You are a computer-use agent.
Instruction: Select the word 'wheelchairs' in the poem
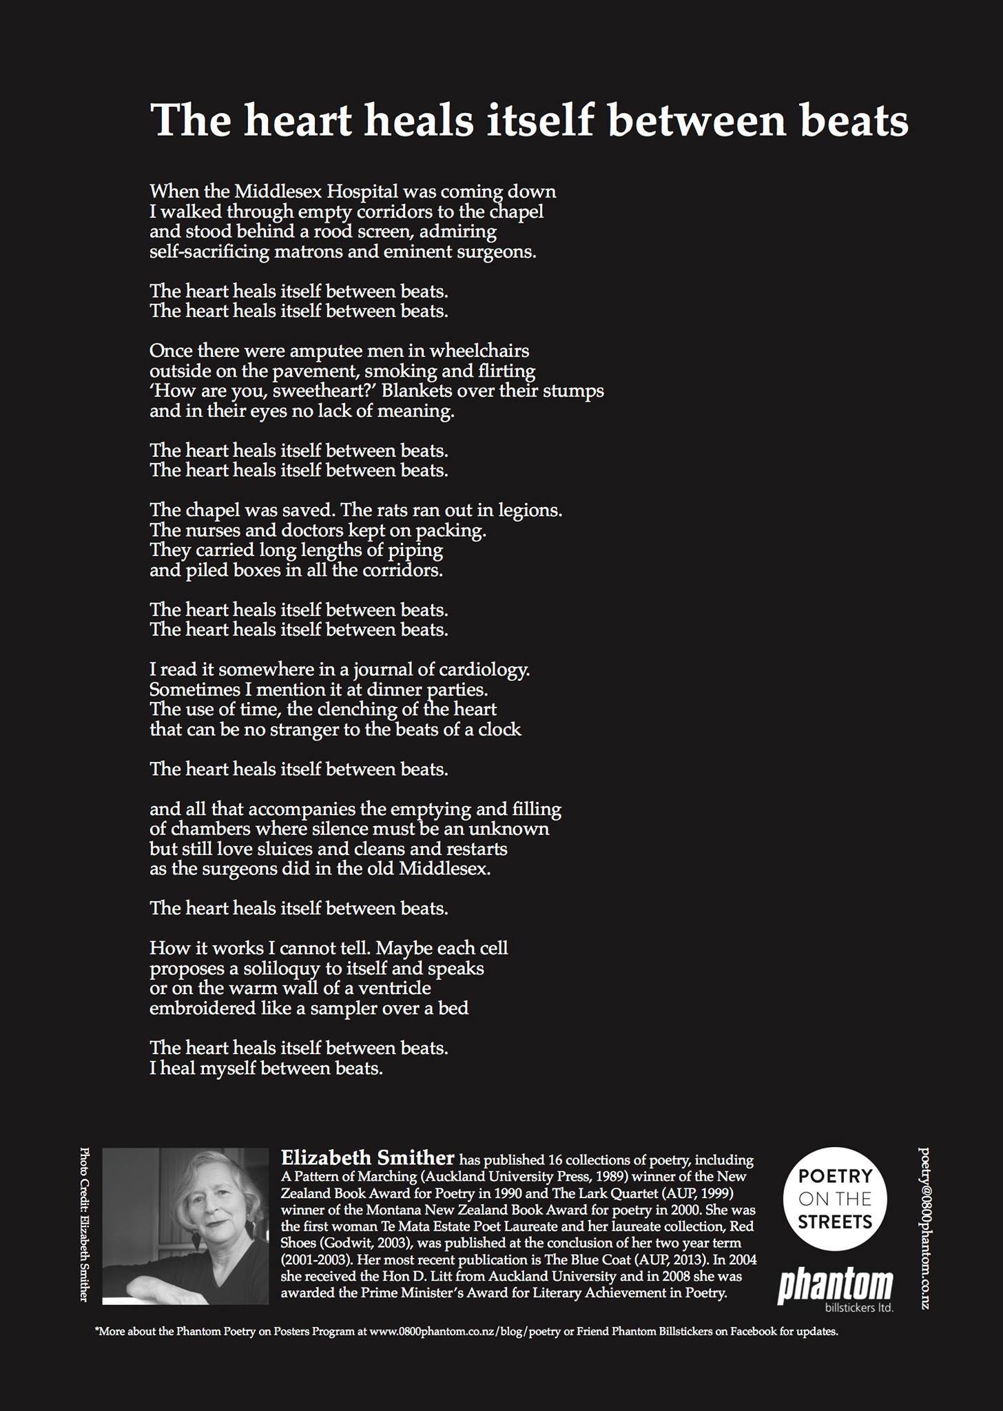tap(479, 351)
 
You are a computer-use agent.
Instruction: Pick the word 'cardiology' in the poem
tap(484, 669)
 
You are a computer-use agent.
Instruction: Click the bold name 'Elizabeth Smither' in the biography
tap(368, 1157)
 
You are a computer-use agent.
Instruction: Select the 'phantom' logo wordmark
tap(835, 1286)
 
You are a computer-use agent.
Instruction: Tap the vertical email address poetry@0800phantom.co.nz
tap(924, 1228)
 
